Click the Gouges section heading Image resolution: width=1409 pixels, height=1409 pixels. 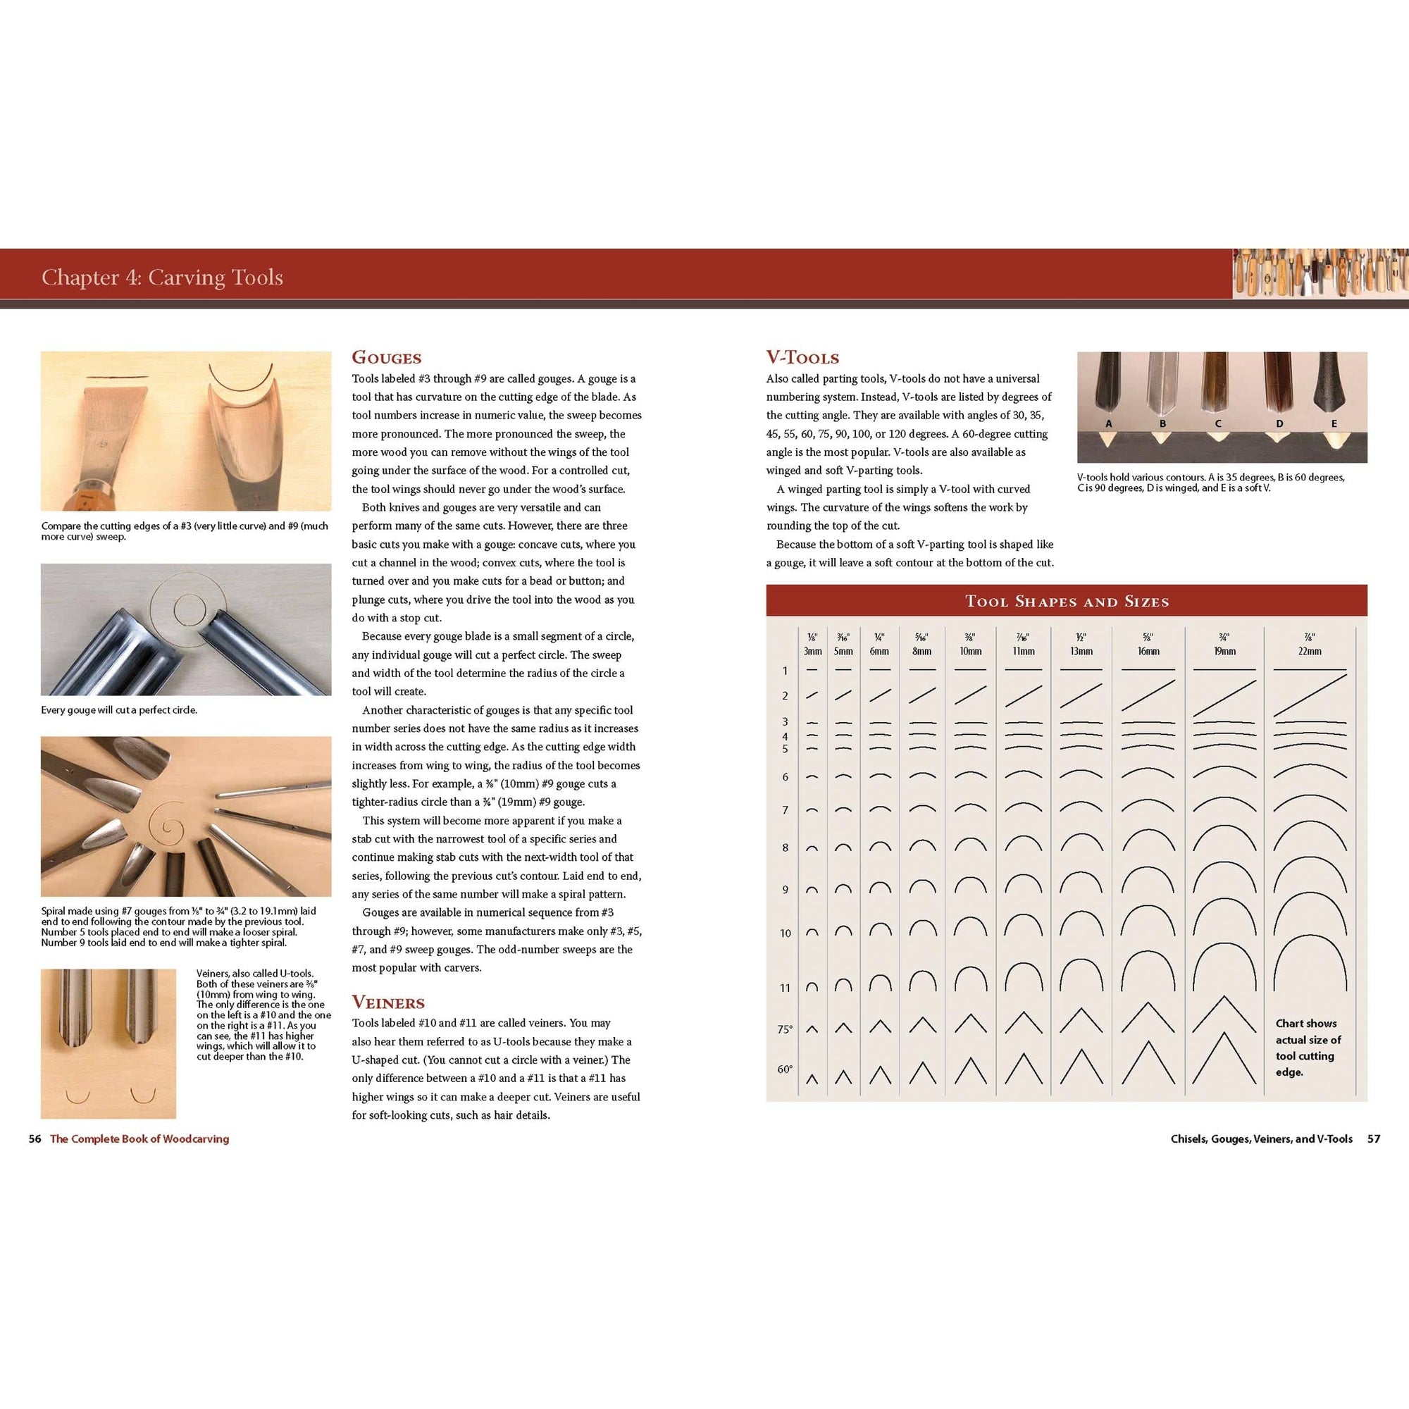tap(387, 357)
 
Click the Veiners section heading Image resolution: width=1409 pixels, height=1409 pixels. tap(388, 1002)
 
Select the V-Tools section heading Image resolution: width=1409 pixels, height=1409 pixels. tap(802, 357)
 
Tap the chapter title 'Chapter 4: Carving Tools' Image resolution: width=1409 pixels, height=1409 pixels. tap(162, 277)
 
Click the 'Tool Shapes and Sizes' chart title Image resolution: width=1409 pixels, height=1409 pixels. tap(1067, 602)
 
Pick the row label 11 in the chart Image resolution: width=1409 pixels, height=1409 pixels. tap(785, 988)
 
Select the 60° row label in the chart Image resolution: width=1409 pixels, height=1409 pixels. tap(785, 1069)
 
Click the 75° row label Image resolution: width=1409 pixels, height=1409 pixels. tap(785, 1029)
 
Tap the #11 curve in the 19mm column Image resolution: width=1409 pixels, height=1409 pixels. tap(1224, 970)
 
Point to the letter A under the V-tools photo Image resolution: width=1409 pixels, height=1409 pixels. tap(1108, 423)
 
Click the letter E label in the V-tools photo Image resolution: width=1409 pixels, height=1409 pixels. tap(1334, 423)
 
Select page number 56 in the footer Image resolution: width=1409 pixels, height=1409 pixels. tap(35, 1138)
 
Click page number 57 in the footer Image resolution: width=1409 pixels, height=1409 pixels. tap(1373, 1138)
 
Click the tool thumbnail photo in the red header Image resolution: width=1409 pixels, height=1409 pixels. tap(1320, 273)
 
